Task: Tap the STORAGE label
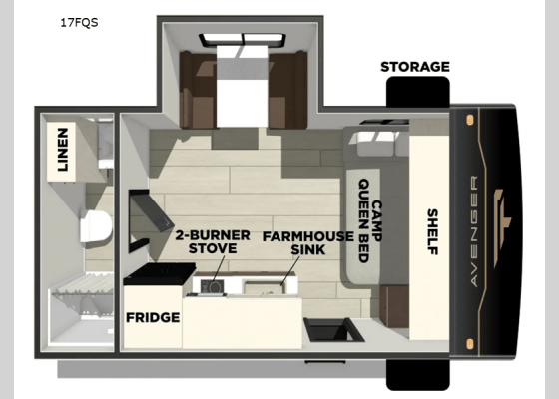(x=414, y=67)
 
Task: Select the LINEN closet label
(x=63, y=149)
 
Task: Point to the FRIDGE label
(x=152, y=318)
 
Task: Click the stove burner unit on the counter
(x=212, y=286)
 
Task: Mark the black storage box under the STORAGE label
(x=416, y=93)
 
